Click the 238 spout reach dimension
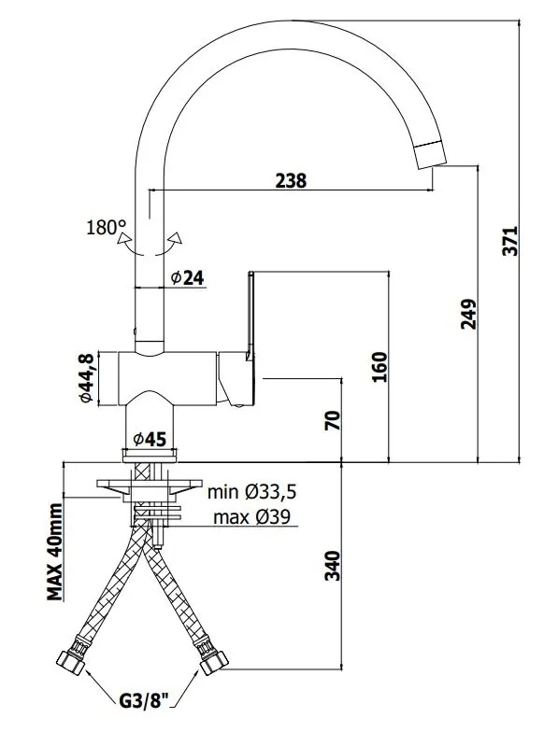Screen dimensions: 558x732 pyautogui.click(x=290, y=181)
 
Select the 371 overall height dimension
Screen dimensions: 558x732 pyautogui.click(x=510, y=241)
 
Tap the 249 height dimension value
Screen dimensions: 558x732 pyautogui.click(x=468, y=314)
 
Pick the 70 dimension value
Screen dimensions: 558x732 pyautogui.click(x=333, y=421)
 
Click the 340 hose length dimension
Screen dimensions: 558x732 pyautogui.click(x=333, y=566)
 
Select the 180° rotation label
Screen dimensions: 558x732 pyautogui.click(x=107, y=228)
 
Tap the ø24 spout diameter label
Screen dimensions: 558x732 pyautogui.click(x=187, y=278)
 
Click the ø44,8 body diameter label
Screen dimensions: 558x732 pyautogui.click(x=88, y=378)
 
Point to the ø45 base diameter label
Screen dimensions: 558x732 pyautogui.click(x=150, y=439)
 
